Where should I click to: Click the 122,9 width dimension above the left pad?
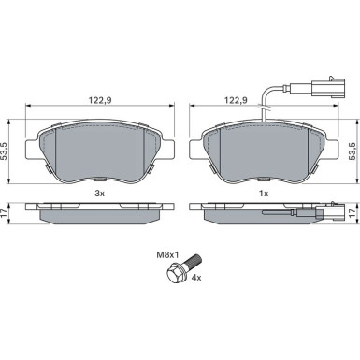coord(100,100)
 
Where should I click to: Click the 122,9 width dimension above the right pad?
coord(236,100)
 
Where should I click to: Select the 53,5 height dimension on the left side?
coord(4,151)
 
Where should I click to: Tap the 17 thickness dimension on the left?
coord(4,213)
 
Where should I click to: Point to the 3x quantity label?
coord(100,194)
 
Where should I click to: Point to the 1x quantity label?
coord(264,194)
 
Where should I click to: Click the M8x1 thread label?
coord(167,255)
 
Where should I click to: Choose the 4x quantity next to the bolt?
coord(196,278)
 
